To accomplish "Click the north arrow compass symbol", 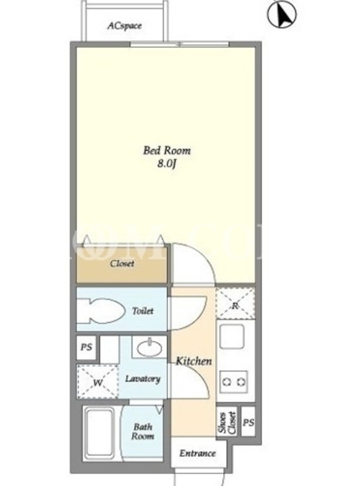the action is click(x=281, y=14).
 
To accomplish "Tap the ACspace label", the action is click(x=125, y=26).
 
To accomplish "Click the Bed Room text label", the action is click(x=167, y=151).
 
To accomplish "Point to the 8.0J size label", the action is click(x=166, y=164).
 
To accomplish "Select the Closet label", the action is click(x=123, y=264).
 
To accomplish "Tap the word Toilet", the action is click(x=143, y=311).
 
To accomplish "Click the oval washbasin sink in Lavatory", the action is click(x=149, y=348).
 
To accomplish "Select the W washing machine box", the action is click(x=98, y=382).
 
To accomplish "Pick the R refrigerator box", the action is click(x=235, y=303).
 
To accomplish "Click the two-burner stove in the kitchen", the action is click(x=234, y=382).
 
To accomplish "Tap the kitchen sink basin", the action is click(x=232, y=337).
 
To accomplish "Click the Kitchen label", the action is click(x=194, y=361).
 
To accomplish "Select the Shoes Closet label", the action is click(x=227, y=422).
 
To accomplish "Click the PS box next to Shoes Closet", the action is click(x=248, y=422).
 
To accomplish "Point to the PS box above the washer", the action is click(x=87, y=347).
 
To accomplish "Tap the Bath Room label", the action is click(x=143, y=432).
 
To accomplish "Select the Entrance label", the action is click(x=198, y=453).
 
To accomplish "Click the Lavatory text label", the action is click(x=143, y=378).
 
